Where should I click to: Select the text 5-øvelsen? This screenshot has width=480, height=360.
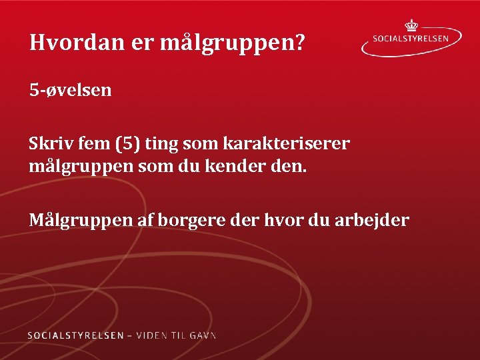pyautogui.click(x=70, y=89)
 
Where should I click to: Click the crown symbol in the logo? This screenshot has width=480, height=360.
pyautogui.click(x=411, y=25)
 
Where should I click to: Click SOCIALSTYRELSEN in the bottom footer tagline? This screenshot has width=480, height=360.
pyautogui.click(x=75, y=335)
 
